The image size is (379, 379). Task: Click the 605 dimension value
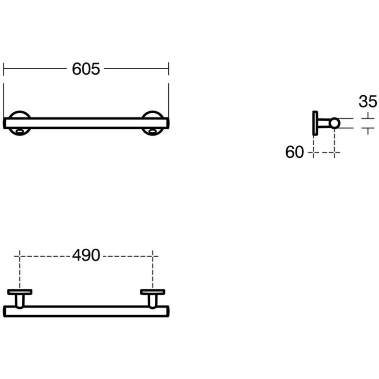(86, 69)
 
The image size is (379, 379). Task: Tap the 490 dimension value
(86, 255)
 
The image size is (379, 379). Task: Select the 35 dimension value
(368, 101)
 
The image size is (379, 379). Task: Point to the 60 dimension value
(294, 152)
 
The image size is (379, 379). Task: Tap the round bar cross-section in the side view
(334, 123)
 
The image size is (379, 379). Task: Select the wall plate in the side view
(315, 123)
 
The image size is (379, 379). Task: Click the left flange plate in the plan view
(19, 292)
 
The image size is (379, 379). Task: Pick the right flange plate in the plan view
(153, 292)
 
